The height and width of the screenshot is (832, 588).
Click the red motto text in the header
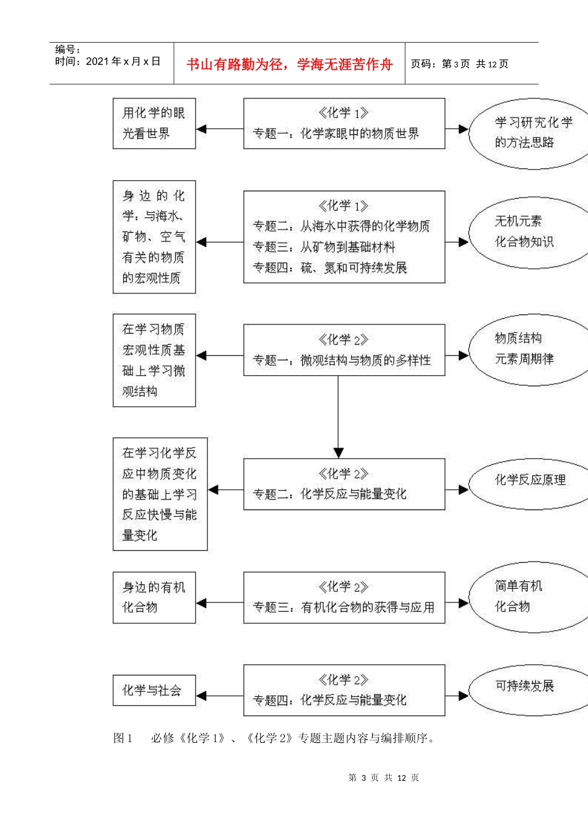[289, 64]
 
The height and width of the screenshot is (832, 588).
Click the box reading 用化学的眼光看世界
[154, 123]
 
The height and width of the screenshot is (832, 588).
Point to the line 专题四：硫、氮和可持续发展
[330, 267]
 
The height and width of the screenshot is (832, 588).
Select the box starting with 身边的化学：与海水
[154, 236]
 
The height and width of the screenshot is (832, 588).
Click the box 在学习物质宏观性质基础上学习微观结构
[154, 360]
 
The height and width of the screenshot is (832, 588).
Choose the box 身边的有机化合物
[154, 597]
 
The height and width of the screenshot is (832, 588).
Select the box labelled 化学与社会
[154, 690]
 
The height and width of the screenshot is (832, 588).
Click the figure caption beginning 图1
[274, 738]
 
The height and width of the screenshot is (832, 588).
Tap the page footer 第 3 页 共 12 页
[384, 778]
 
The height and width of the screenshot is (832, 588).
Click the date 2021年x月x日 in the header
[123, 62]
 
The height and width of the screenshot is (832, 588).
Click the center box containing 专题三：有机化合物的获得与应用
[344, 597]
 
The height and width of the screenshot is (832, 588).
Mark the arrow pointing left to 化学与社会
[220, 696]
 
